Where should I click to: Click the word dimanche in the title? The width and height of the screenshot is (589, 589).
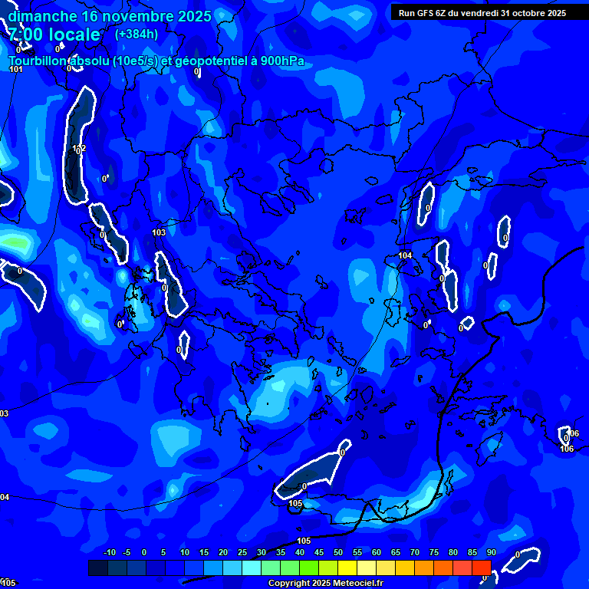click(42, 16)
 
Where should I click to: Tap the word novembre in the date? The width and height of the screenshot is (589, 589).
click(136, 16)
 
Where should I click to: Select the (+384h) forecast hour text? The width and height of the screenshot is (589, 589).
click(137, 35)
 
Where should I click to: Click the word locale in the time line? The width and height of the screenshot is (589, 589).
click(75, 35)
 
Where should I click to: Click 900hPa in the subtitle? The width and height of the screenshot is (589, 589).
click(291, 61)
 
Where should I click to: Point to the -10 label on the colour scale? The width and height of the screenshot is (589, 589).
click(109, 553)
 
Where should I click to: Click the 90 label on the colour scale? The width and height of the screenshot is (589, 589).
click(491, 553)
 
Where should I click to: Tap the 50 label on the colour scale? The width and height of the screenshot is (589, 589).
click(338, 553)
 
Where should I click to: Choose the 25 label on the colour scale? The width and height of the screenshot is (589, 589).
click(242, 553)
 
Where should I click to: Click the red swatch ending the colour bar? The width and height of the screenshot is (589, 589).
click(481, 568)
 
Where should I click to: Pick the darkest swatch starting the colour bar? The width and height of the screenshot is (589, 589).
click(97, 568)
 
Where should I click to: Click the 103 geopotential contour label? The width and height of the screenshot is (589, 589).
click(159, 232)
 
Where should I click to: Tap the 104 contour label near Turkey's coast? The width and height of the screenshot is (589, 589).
click(405, 255)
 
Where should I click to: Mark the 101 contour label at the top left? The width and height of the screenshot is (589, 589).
click(16, 70)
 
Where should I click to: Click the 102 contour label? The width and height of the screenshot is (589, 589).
click(79, 149)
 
